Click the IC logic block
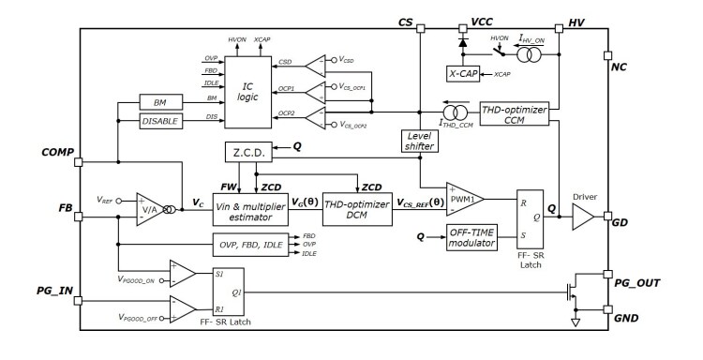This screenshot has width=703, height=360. [x=246, y=91]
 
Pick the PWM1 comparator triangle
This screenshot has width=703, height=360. [x=464, y=198]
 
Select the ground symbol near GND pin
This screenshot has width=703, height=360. [x=576, y=323]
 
